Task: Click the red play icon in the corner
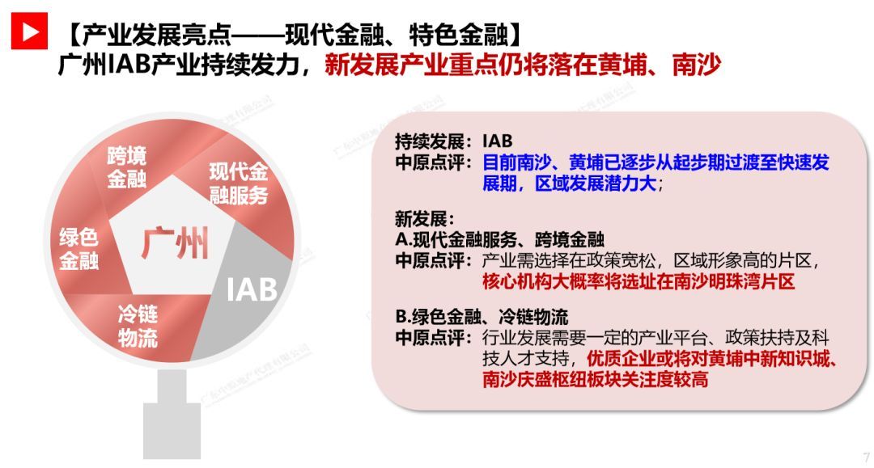[x=30, y=32]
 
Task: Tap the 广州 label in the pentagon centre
[x=175, y=243]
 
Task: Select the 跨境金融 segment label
[x=127, y=167]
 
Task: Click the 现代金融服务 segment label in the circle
[x=239, y=183]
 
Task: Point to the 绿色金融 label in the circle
[x=79, y=249]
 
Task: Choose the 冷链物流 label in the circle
[x=138, y=326]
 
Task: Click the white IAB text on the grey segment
[x=252, y=289]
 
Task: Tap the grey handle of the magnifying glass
[x=172, y=415]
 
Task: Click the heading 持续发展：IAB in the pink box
[x=454, y=141]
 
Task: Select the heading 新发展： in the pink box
[x=425, y=219]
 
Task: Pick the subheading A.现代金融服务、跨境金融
[x=500, y=239]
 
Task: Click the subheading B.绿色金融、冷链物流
[x=482, y=317]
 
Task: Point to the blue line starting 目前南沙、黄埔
[x=655, y=162]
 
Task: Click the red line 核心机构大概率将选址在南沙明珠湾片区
[x=639, y=281]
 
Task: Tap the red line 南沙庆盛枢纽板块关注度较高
[x=596, y=380]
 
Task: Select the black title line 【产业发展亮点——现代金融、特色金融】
[x=293, y=35]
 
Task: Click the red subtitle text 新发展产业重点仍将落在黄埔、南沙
[x=523, y=65]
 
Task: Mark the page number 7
[x=866, y=457]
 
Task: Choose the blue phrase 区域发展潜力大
[x=596, y=183]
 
